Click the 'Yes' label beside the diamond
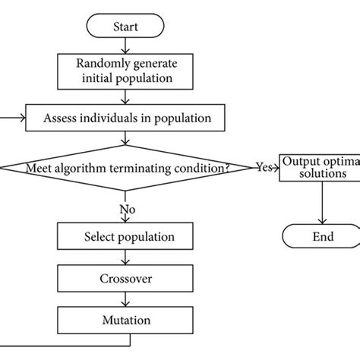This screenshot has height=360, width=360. tap(264, 168)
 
